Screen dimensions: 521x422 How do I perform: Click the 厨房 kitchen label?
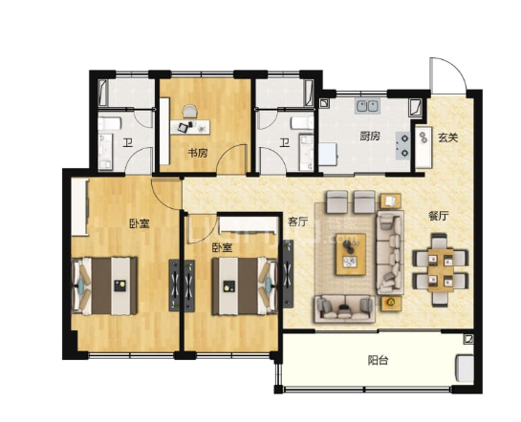pyautogui.click(x=370, y=136)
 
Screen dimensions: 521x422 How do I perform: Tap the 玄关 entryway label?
pyautogui.click(x=448, y=137)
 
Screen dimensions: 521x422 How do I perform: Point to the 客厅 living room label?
pyautogui.click(x=297, y=222)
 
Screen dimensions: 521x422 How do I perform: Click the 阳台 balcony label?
pyautogui.click(x=379, y=360)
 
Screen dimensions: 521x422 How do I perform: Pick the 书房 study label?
pyautogui.click(x=198, y=153)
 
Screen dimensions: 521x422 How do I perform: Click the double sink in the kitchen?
pyautogui.click(x=367, y=106)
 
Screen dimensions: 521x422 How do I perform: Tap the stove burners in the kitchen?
pyautogui.click(x=403, y=145)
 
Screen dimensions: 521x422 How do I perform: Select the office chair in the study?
pyautogui.click(x=189, y=111)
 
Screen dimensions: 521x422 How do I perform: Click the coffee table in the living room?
pyautogui.click(x=351, y=255)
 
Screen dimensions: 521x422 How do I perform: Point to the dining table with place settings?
pyautogui.click(x=441, y=270)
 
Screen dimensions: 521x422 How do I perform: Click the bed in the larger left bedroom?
pyautogui.click(x=104, y=286)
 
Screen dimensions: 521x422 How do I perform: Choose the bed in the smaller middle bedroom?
pyautogui.click(x=245, y=286)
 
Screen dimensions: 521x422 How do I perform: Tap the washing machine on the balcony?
pyautogui.click(x=465, y=368)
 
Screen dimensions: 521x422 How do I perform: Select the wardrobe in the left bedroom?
pyautogui.click(x=79, y=207)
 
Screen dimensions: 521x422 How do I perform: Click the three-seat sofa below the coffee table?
pyautogui.click(x=344, y=309)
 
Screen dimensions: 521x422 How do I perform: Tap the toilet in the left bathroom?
pyautogui.click(x=109, y=124)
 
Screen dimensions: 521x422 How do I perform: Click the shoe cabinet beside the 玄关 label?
pyautogui.click(x=423, y=147)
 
